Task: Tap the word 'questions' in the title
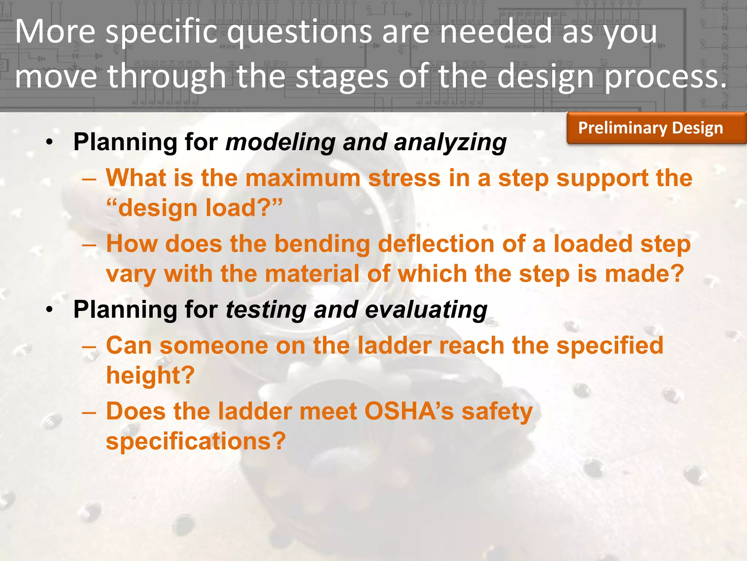[x=299, y=32]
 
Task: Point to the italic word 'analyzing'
[x=450, y=142]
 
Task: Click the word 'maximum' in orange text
[x=302, y=178]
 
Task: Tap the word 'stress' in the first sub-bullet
[x=404, y=178]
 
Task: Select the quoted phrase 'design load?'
[x=194, y=208]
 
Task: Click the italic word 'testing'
[x=266, y=310]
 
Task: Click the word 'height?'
[x=150, y=375]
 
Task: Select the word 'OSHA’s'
[x=409, y=411]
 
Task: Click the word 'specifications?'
[x=196, y=441]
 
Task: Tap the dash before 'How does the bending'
[x=89, y=244]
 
